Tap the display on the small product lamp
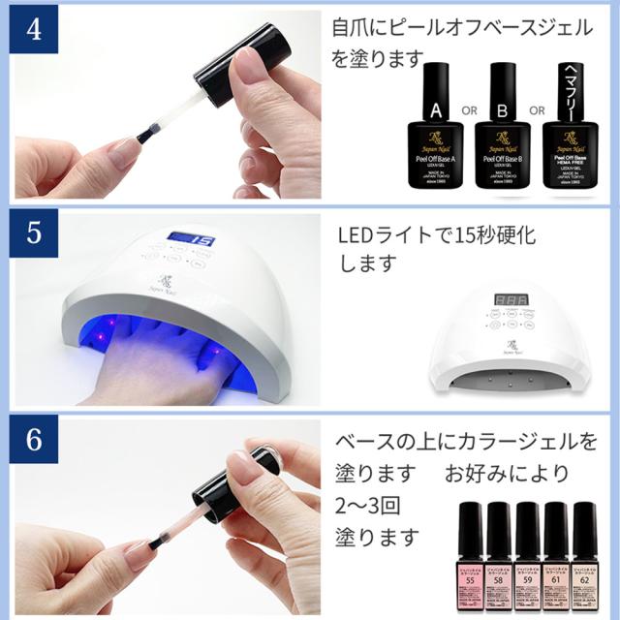[x=508, y=301]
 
